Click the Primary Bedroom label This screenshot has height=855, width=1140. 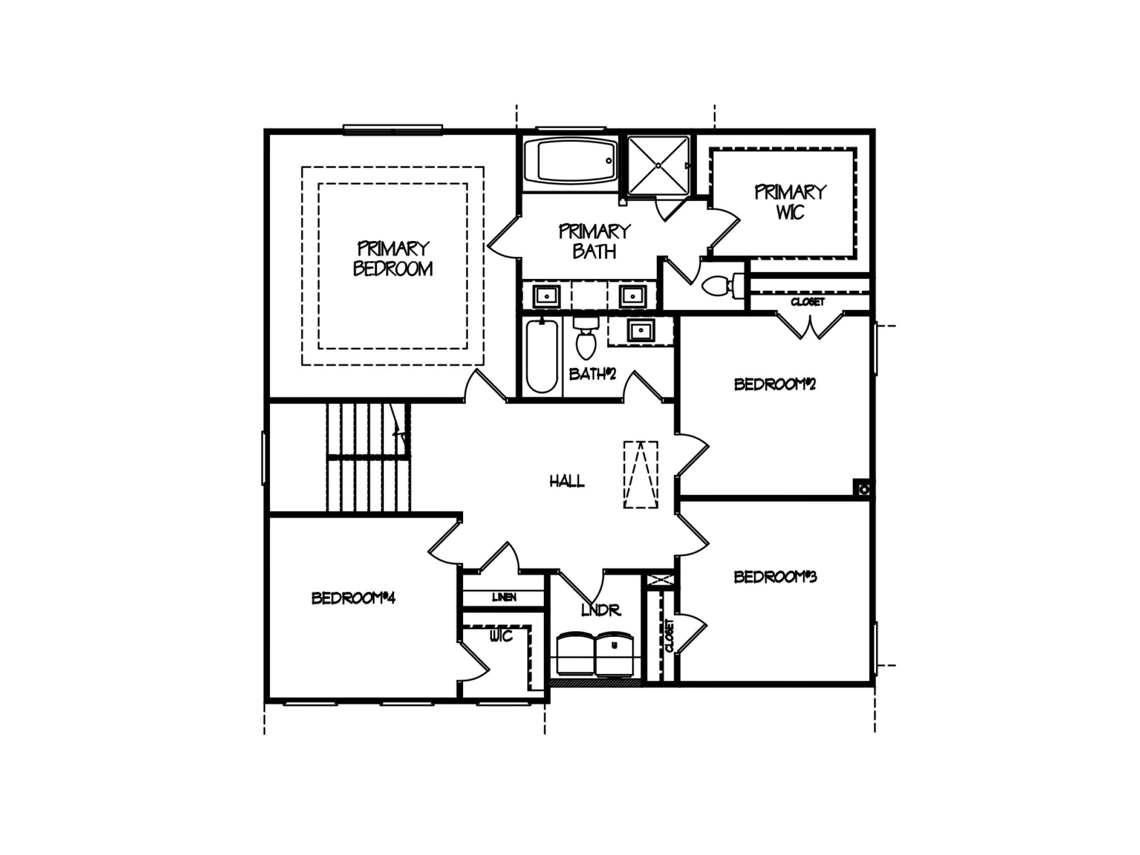[x=393, y=258]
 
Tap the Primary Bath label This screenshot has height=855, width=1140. [x=594, y=242]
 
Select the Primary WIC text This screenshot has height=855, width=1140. [x=790, y=202]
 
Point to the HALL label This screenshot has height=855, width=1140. [x=567, y=481]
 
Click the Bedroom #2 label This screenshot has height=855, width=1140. [x=774, y=384]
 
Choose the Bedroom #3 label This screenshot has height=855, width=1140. [x=775, y=577]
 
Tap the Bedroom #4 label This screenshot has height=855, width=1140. [x=353, y=598]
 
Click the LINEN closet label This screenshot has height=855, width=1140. [x=504, y=597]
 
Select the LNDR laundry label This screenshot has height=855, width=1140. [x=601, y=610]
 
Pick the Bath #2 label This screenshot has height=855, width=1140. [x=592, y=374]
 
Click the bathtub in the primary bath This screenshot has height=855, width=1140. [x=570, y=161]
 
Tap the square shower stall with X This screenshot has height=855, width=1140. [x=659, y=165]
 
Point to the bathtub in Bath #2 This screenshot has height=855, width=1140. [x=542, y=356]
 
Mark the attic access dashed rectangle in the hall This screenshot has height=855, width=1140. [x=641, y=475]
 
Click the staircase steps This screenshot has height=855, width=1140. [x=368, y=456]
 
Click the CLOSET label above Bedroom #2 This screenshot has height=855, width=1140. [x=807, y=302]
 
